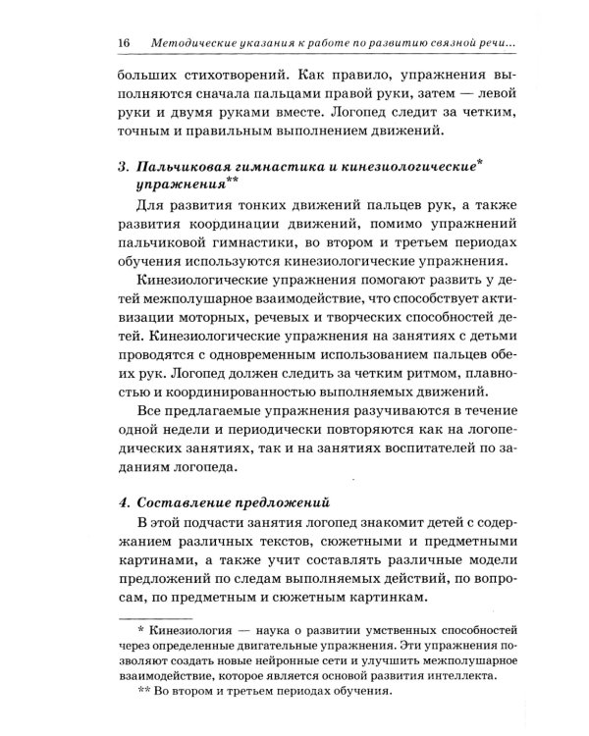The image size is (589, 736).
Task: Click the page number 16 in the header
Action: click(x=124, y=43)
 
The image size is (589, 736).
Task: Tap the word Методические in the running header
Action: click(x=196, y=43)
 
